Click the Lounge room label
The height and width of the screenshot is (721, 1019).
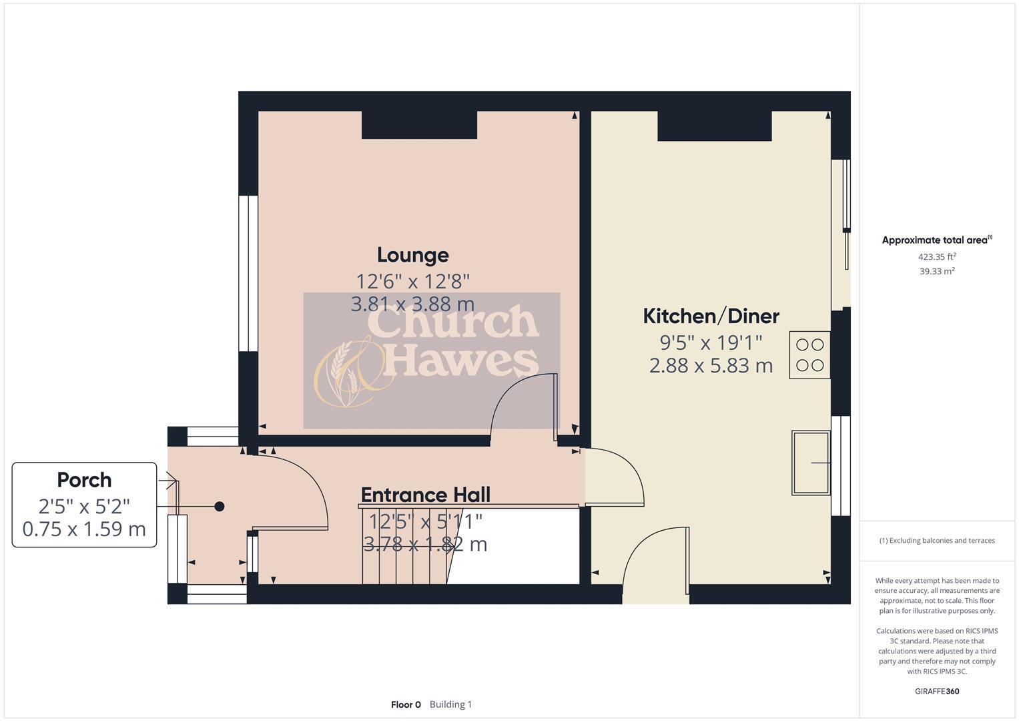(x=412, y=255)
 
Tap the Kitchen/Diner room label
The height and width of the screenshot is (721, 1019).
(x=711, y=316)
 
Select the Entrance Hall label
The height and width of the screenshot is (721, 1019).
(x=425, y=495)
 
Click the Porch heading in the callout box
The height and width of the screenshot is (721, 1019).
(x=84, y=480)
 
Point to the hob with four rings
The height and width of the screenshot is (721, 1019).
(x=809, y=355)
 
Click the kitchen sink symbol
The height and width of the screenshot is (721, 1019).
(x=811, y=463)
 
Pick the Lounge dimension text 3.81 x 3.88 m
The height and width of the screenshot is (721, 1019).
(x=412, y=304)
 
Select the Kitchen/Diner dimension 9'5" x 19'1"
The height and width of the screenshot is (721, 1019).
(x=711, y=342)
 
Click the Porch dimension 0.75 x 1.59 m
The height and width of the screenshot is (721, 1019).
(x=84, y=529)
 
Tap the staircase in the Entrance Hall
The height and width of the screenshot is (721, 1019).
(x=404, y=546)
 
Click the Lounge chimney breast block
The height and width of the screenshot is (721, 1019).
(x=419, y=125)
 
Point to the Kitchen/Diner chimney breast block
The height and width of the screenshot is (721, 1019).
(x=715, y=126)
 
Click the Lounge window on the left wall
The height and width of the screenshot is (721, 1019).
(x=248, y=274)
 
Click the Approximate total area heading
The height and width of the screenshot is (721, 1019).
(x=936, y=240)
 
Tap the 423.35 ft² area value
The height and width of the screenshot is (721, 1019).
(x=937, y=256)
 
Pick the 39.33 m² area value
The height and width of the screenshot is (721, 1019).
(x=937, y=271)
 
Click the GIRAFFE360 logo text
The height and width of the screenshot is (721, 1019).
(x=936, y=691)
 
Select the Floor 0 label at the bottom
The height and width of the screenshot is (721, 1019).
(x=406, y=704)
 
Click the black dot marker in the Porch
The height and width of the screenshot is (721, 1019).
(x=220, y=507)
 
